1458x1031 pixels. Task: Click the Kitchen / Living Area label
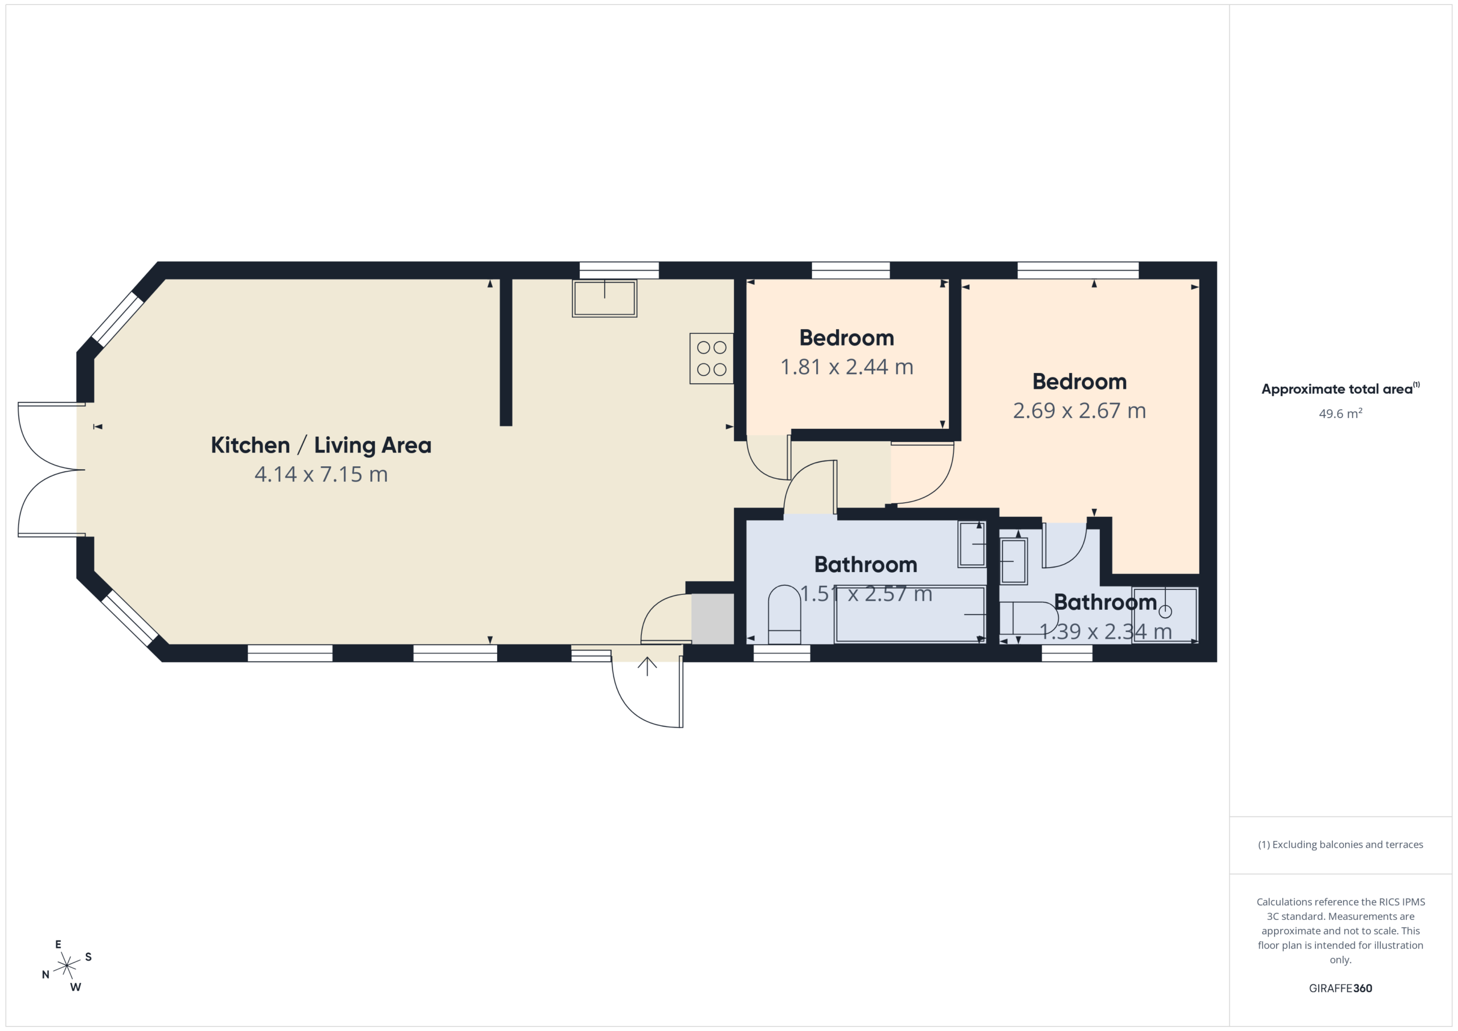click(321, 445)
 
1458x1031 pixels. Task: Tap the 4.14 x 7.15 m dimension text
click(321, 474)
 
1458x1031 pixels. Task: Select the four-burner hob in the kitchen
click(712, 358)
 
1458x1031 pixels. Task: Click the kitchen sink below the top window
click(604, 298)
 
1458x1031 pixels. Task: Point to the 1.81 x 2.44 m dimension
click(846, 367)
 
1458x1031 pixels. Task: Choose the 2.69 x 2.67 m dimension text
click(1079, 411)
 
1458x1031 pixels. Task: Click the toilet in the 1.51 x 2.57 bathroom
click(784, 614)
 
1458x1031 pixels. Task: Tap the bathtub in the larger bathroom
click(910, 614)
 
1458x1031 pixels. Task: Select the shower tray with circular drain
click(1165, 614)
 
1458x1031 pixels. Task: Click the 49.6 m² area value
click(1340, 414)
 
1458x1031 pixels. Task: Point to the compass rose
click(67, 966)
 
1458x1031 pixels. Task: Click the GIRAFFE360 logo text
click(1340, 988)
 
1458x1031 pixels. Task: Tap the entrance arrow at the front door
click(647, 667)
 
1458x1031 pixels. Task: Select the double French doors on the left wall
click(51, 470)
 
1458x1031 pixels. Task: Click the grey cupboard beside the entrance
click(712, 619)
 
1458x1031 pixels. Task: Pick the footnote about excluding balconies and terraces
click(1340, 844)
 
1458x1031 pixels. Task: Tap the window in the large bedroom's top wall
click(1078, 270)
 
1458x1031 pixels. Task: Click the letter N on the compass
click(46, 975)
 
